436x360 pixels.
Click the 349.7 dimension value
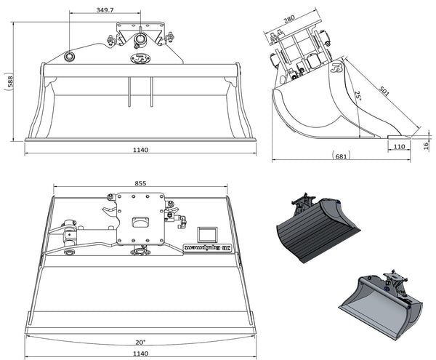[108, 11]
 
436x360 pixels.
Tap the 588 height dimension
[8, 82]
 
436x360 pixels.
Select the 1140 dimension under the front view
[140, 150]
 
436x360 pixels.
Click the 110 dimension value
[398, 146]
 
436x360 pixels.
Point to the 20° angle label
[140, 342]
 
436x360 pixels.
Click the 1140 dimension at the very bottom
[140, 353]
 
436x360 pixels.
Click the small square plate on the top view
[208, 233]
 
